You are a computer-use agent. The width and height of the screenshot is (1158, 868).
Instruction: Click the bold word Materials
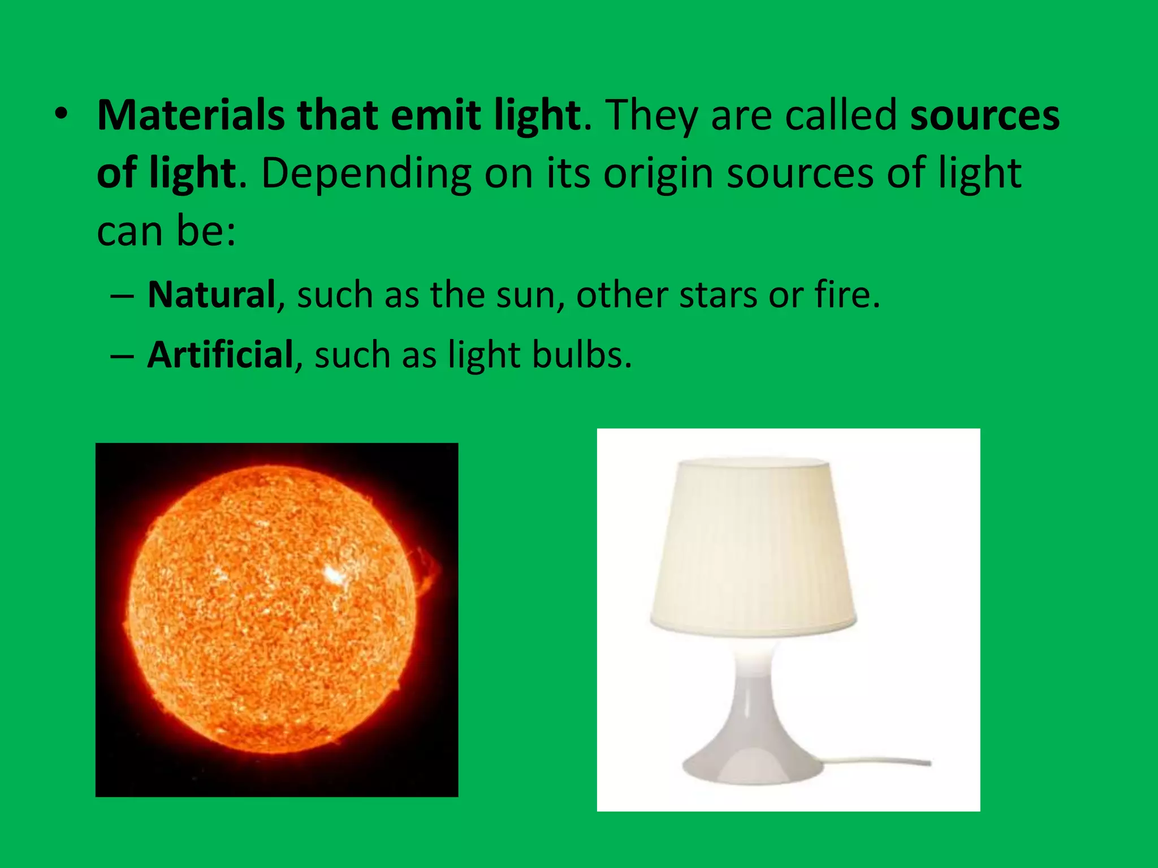pos(191,115)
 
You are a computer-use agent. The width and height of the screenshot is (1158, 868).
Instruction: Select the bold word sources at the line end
pos(984,115)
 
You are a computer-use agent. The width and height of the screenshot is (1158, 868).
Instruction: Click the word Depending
pos(366,173)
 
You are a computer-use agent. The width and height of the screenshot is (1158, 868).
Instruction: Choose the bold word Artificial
pos(220,355)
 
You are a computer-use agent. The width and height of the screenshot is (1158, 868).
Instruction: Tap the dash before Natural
pos(123,296)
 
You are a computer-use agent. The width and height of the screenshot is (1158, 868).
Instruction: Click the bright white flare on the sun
pos(335,576)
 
